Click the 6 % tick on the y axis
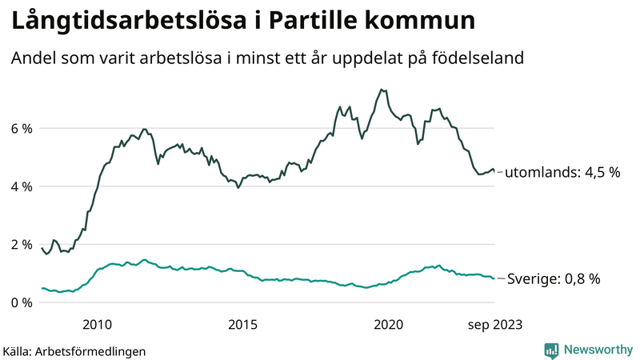coord(22,128)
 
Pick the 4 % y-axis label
coord(22,186)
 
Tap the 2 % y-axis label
coord(22,244)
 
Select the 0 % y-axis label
coord(22,302)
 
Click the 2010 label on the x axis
coord(97,324)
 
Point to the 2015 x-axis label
coord(242,324)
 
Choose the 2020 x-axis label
coord(388,324)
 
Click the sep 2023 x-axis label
coord(494,324)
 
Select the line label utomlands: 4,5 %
coord(564,171)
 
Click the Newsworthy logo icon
coord(551,350)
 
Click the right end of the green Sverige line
coord(494,278)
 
